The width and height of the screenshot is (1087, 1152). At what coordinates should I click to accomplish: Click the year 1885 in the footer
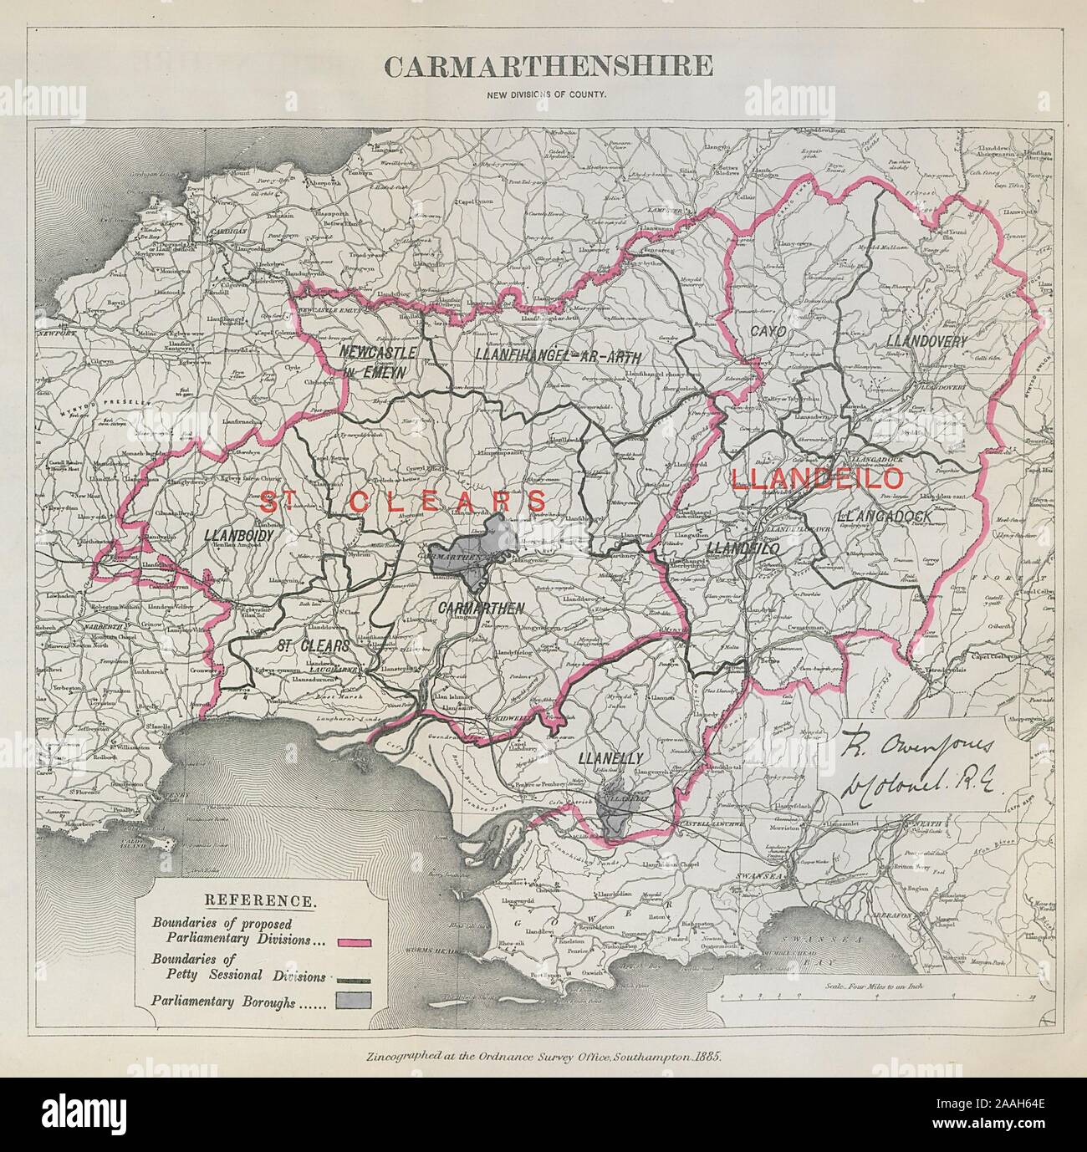click(x=705, y=1055)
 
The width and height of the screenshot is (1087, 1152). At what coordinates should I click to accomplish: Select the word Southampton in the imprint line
click(x=645, y=1055)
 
